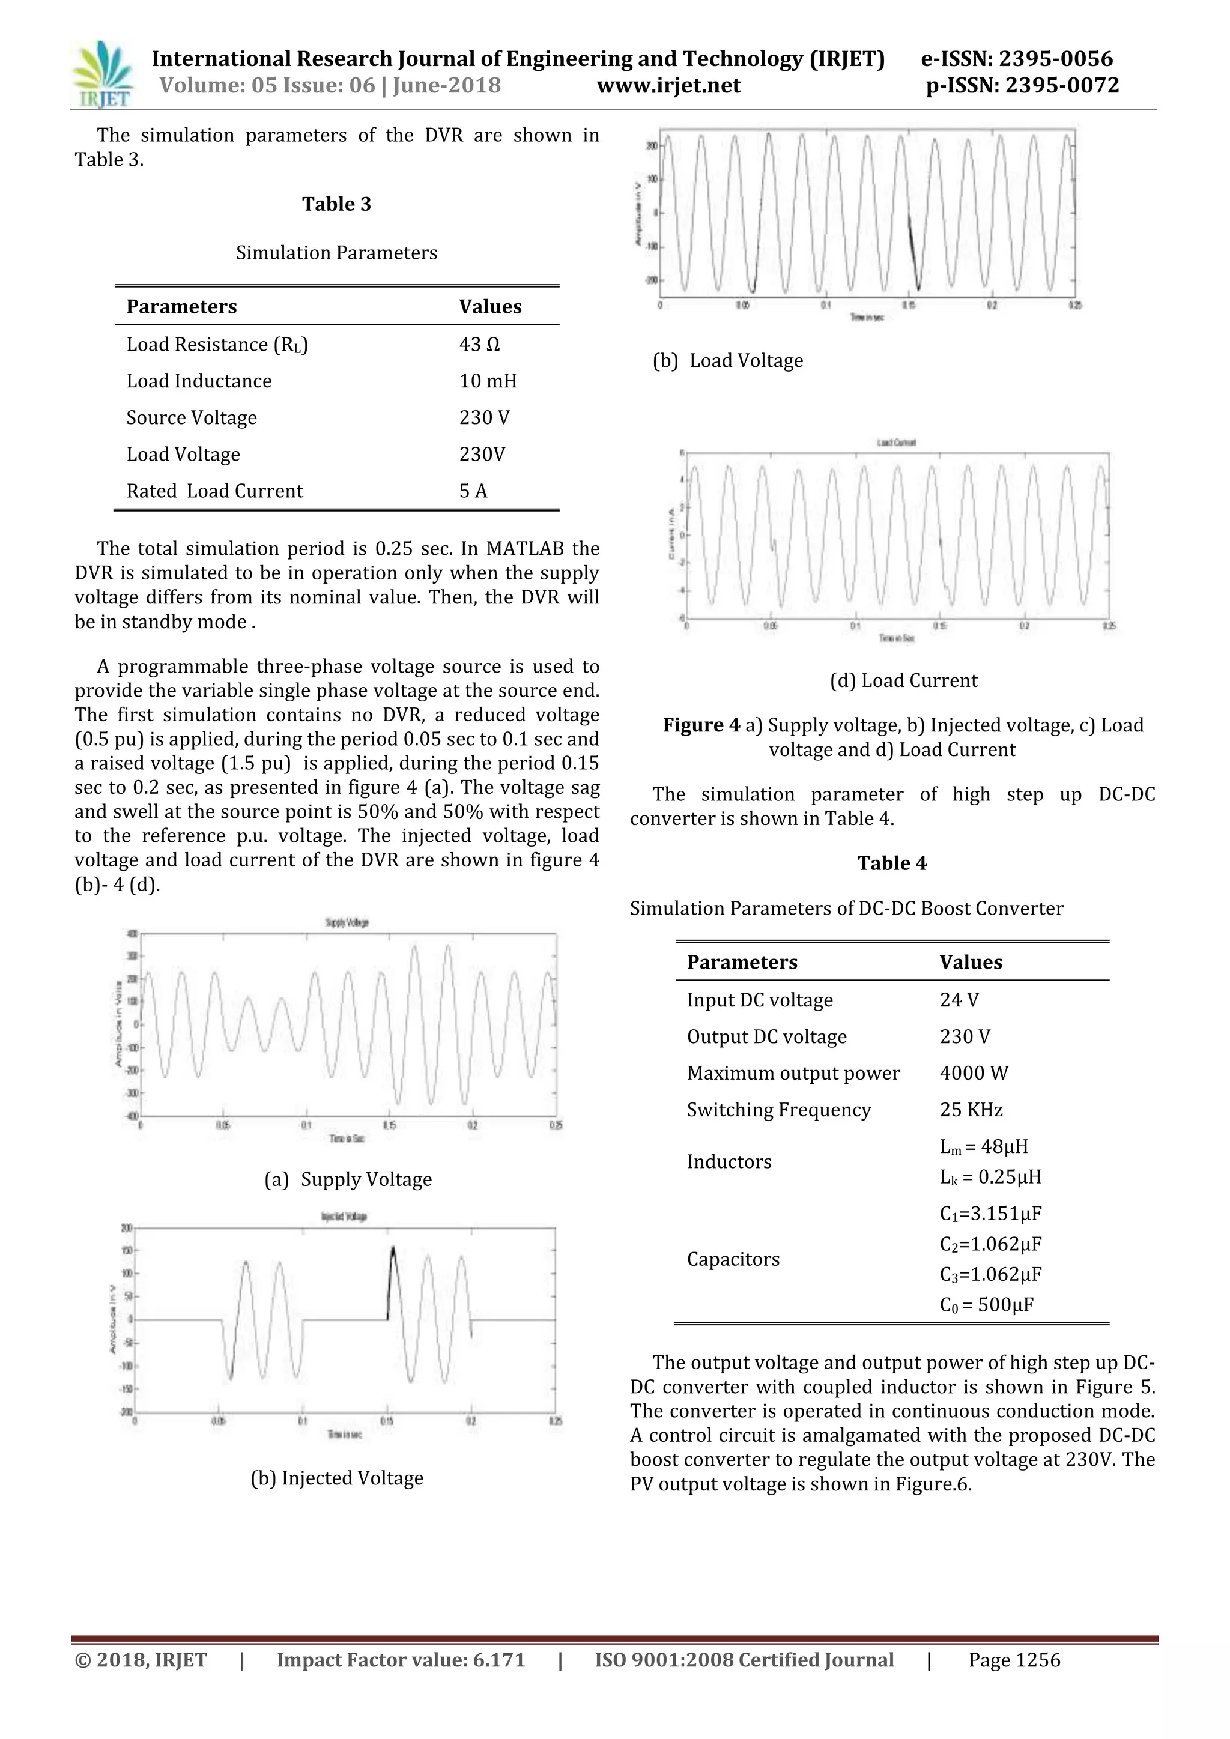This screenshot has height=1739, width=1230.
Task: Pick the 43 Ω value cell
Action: [x=479, y=345]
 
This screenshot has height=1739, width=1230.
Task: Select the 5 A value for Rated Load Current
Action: [x=473, y=491]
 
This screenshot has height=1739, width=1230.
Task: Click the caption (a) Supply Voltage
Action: [x=348, y=1179]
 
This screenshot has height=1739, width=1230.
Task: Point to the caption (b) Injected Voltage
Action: [x=337, y=1478]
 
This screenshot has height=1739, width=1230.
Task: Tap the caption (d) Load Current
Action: [x=903, y=680]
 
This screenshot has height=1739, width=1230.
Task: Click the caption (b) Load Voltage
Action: [x=728, y=360]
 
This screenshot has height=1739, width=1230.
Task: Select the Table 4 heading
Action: [x=891, y=863]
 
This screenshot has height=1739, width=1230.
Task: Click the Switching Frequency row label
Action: [x=778, y=1110]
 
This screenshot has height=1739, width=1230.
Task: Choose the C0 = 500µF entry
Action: [x=986, y=1305]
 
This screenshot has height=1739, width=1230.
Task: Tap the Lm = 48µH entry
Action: [x=984, y=1147]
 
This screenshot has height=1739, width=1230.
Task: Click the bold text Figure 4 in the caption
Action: [x=701, y=725]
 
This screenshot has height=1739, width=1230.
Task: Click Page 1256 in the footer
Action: [x=1014, y=1660]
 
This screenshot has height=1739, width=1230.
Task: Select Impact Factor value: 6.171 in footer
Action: [x=401, y=1660]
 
